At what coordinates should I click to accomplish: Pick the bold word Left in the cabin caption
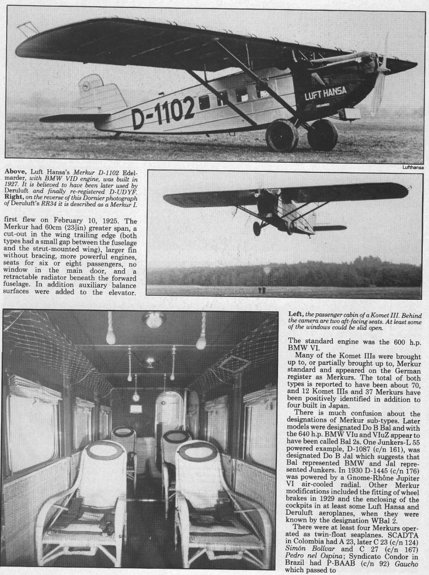(296, 314)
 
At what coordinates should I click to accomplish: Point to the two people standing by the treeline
(262, 290)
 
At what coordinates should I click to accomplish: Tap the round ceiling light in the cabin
(154, 320)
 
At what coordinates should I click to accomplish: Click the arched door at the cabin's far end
(168, 416)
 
